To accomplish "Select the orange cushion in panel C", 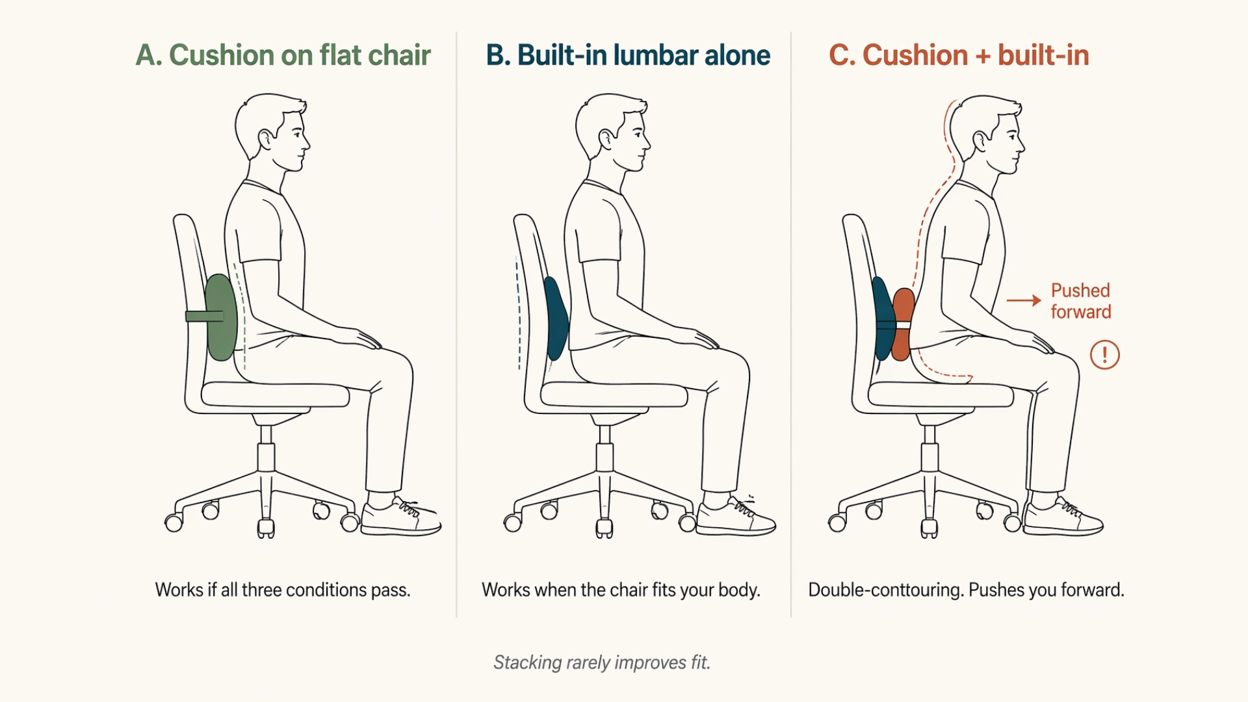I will coord(902,325).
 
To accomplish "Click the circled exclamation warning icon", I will coord(1104,355).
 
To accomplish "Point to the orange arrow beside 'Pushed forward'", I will coord(1024,300).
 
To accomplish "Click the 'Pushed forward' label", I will coord(1080,301).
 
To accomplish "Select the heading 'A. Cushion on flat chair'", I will coord(283,55).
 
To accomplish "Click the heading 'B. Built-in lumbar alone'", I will coord(628,55).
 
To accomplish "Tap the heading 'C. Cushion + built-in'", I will coord(959,55).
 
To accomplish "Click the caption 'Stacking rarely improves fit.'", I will coord(602,662).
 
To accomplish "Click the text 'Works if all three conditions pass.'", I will coord(283,590).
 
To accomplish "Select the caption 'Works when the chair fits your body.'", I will coord(621,590).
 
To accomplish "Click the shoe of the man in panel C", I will coord(1063,517).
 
